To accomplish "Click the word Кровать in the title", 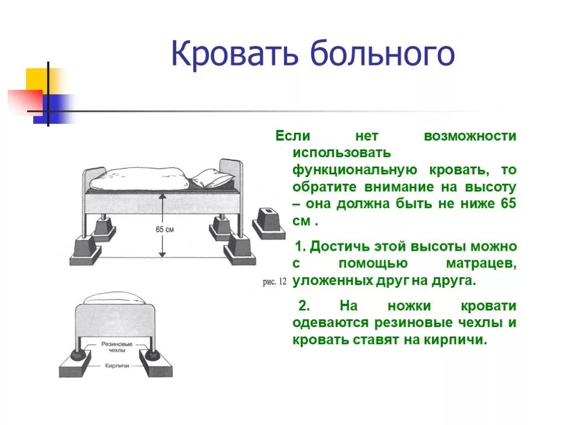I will (235, 54).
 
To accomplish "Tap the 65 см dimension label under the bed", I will (164, 229).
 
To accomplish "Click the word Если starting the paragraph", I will (293, 136).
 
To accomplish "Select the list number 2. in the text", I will (306, 306).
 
